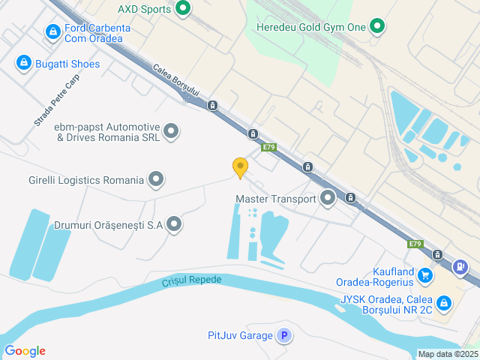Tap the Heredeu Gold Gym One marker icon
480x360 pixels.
pos(378,28)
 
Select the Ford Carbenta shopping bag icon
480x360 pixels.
pos(52,32)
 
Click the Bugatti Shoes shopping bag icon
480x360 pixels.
pos(23,63)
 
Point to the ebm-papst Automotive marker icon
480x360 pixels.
pos(172,132)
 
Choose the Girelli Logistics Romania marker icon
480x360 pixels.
pos(156,179)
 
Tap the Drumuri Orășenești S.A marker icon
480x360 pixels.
pos(174,223)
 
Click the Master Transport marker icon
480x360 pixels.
pos(328,199)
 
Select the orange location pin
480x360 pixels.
pos(240,167)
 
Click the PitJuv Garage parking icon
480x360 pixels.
pos(283,335)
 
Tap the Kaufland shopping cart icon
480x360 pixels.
pos(426,275)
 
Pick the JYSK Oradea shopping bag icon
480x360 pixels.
pos(444,302)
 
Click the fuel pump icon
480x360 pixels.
pos(461,266)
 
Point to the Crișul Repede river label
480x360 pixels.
pos(192,282)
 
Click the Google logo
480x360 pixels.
pos(25,351)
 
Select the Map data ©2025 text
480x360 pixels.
pos(448,354)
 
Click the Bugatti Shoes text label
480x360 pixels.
pos(67,64)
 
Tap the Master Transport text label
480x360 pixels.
pos(276,199)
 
